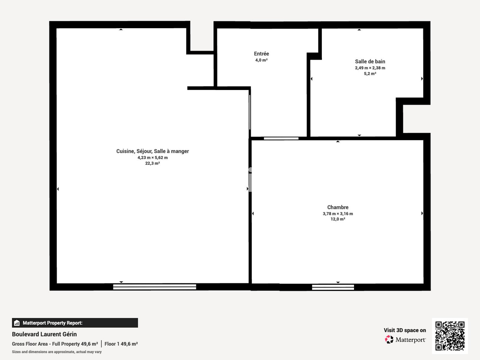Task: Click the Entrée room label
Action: (261, 54)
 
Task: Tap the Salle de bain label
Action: (370, 61)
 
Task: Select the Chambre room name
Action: (338, 207)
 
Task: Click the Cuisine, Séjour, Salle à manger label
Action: (152, 151)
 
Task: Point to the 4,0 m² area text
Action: (261, 60)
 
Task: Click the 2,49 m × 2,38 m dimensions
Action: (370, 68)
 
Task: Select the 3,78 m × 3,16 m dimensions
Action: (338, 214)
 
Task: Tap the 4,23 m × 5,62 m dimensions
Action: (152, 158)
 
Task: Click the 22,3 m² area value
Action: (152, 163)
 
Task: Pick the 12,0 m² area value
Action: (338, 219)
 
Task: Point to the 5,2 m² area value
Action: (370, 74)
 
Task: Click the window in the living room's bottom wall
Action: (155, 287)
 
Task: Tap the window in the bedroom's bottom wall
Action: (333, 287)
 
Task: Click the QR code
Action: (450, 336)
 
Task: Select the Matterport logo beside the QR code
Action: (405, 340)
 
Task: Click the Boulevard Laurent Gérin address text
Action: (44, 334)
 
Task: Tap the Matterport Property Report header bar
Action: (75, 323)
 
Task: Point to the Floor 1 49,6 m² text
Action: (121, 344)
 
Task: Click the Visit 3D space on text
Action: (405, 330)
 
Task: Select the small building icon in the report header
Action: (17, 323)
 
